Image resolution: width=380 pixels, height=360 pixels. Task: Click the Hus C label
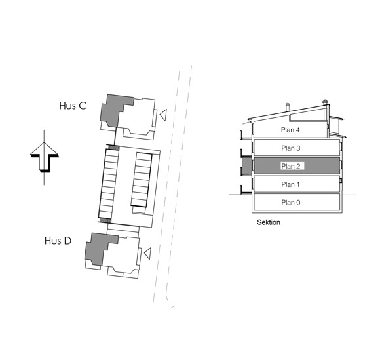click(73, 106)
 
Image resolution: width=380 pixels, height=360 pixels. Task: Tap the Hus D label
click(58, 241)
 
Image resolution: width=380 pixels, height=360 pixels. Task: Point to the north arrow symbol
click(45, 157)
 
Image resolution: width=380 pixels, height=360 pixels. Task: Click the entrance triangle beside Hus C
click(163, 115)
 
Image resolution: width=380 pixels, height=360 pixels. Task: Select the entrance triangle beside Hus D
click(147, 254)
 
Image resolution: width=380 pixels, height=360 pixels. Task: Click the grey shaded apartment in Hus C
click(114, 109)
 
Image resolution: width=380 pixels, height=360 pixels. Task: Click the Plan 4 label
click(290, 130)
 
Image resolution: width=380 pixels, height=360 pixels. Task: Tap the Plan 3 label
click(291, 148)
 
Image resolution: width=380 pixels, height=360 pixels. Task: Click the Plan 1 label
click(290, 184)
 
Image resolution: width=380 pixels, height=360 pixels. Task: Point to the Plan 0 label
click(291, 203)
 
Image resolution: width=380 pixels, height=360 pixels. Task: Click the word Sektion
click(269, 222)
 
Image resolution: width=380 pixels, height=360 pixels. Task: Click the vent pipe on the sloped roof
click(288, 108)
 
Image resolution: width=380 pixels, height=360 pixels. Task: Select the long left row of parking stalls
click(108, 184)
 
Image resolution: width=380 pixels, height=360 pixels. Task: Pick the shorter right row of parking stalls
click(142, 180)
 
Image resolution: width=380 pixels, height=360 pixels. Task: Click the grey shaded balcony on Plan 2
click(247, 166)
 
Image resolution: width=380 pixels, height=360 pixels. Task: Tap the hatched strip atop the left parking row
click(113, 148)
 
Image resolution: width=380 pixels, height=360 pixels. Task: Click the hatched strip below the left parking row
click(105, 220)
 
